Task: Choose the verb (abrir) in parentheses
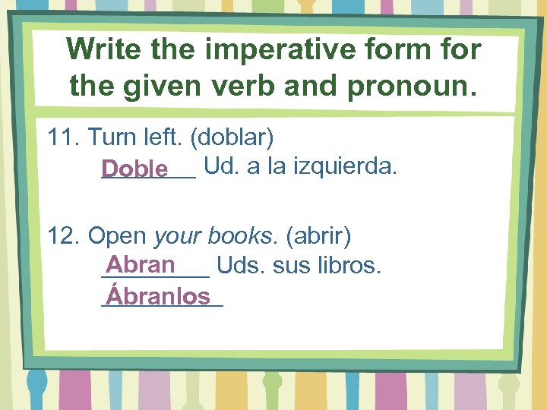click(318, 236)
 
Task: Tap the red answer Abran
click(141, 265)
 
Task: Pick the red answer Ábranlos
click(158, 295)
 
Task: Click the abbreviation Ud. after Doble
click(220, 166)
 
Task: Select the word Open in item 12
click(117, 236)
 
